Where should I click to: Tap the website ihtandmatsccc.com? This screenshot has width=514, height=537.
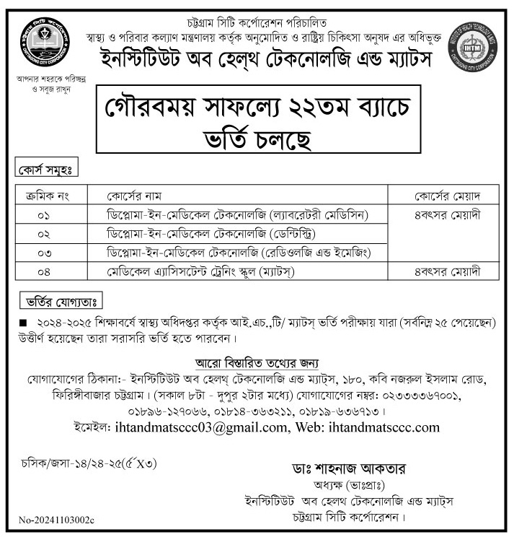(x=384, y=427)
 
